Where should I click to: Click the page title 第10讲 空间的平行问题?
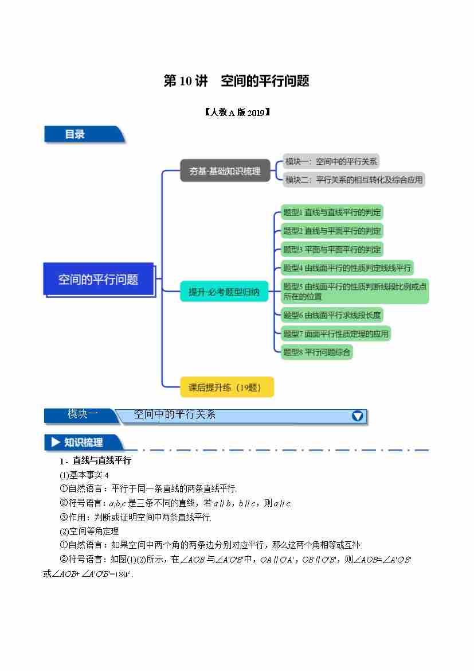[x=236, y=82]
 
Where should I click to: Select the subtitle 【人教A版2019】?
[x=237, y=113]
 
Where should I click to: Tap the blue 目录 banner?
[x=83, y=134]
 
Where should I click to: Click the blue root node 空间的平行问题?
[x=99, y=280]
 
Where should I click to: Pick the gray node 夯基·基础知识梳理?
[x=225, y=171]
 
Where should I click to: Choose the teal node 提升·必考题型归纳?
[x=224, y=292]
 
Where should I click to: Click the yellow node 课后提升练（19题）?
[x=226, y=387]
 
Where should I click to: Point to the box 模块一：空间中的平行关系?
[x=331, y=162]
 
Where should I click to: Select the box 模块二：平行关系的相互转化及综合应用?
[x=354, y=180]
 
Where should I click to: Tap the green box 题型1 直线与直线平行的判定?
[x=332, y=212]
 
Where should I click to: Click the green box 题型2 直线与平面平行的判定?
[x=332, y=231]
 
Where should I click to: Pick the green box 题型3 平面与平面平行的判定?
[x=332, y=249]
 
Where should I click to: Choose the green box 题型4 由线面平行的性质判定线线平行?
[x=347, y=267]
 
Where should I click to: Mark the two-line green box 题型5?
[x=354, y=292]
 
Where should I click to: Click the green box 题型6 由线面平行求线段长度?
[x=332, y=315]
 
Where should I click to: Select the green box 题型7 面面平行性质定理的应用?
[x=336, y=333]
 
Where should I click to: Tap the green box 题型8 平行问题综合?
[x=316, y=352]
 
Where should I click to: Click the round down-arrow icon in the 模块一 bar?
[x=357, y=416]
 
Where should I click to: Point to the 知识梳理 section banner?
[x=83, y=443]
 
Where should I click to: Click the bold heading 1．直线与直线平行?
[x=95, y=461]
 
